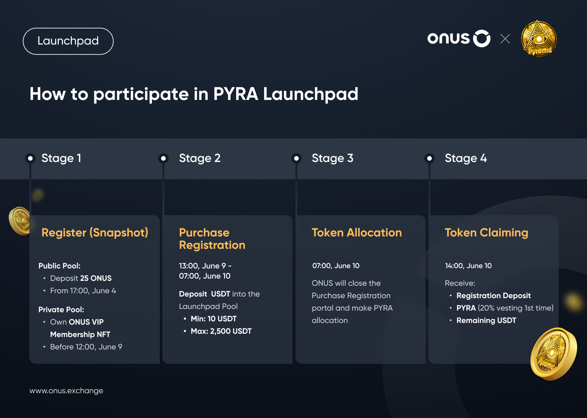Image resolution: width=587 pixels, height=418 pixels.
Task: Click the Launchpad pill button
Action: tap(68, 41)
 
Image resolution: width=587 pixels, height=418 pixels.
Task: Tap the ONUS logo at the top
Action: tap(459, 39)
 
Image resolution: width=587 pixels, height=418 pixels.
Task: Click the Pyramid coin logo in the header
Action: tap(539, 39)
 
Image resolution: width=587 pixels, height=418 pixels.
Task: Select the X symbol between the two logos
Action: tap(505, 39)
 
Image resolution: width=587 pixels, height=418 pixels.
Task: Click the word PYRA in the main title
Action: tap(236, 94)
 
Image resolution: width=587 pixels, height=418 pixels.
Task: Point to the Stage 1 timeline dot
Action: tap(30, 158)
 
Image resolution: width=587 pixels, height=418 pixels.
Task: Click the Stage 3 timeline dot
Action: tap(296, 158)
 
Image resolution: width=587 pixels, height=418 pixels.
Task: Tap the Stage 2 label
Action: tap(200, 158)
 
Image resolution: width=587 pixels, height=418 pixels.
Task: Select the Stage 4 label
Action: tap(466, 158)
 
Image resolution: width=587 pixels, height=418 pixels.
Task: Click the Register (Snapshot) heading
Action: tap(95, 233)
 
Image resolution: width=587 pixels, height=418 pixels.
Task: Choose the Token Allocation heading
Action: tap(357, 233)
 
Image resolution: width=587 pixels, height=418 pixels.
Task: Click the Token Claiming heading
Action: tap(487, 233)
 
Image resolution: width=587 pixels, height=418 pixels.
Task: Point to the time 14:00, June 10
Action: tap(468, 266)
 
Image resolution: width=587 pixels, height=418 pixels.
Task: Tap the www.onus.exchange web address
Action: tap(66, 391)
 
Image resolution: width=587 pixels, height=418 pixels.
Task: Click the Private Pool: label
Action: tap(61, 310)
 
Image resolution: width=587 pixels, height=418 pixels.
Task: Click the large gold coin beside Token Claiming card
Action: tap(553, 354)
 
